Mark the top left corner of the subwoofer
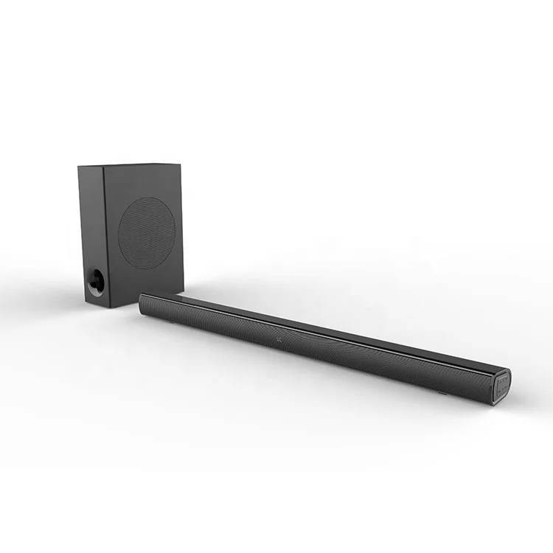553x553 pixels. pos(79,167)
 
